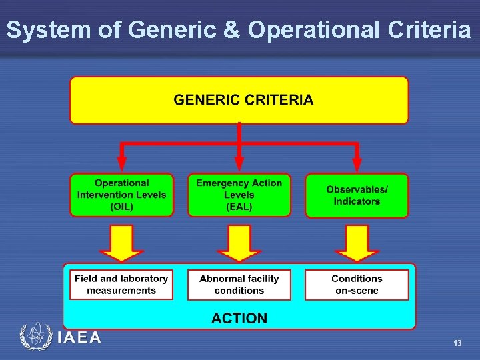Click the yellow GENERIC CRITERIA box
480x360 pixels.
[x=239, y=100]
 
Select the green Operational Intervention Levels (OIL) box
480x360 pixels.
[x=121, y=195]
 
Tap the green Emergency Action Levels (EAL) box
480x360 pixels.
[x=239, y=195]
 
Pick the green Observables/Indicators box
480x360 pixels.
[x=357, y=195]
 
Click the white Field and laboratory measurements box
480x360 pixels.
[x=121, y=285]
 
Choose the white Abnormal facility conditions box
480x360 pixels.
[x=239, y=285]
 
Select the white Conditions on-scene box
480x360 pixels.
[x=357, y=285]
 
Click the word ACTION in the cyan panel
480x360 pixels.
[x=239, y=318]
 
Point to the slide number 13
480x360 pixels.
[x=457, y=343]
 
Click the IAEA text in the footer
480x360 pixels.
[x=79, y=337]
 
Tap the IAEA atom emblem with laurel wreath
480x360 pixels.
[x=35, y=337]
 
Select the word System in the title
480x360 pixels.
[x=48, y=30]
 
